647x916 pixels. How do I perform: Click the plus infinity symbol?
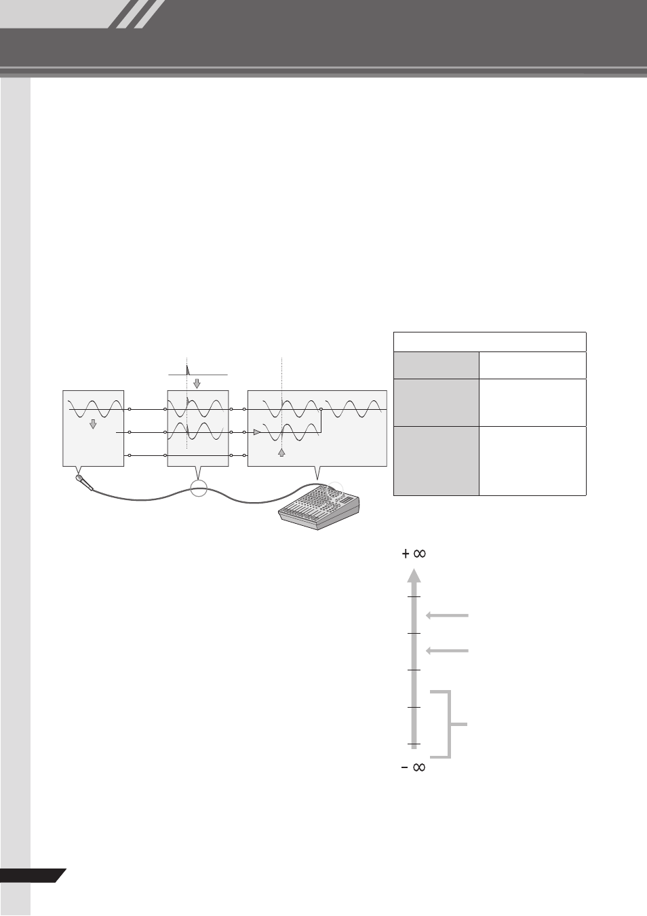click(x=414, y=554)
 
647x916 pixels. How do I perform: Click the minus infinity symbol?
click(x=414, y=767)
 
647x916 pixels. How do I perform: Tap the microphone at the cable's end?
click(x=84, y=482)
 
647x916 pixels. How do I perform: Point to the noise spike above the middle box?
click(x=188, y=370)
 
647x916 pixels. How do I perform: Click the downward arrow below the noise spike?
click(x=197, y=383)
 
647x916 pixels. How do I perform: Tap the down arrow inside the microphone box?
click(x=93, y=424)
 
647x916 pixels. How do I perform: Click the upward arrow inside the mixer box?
click(x=281, y=453)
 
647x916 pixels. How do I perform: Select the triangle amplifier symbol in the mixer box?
click(x=256, y=432)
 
